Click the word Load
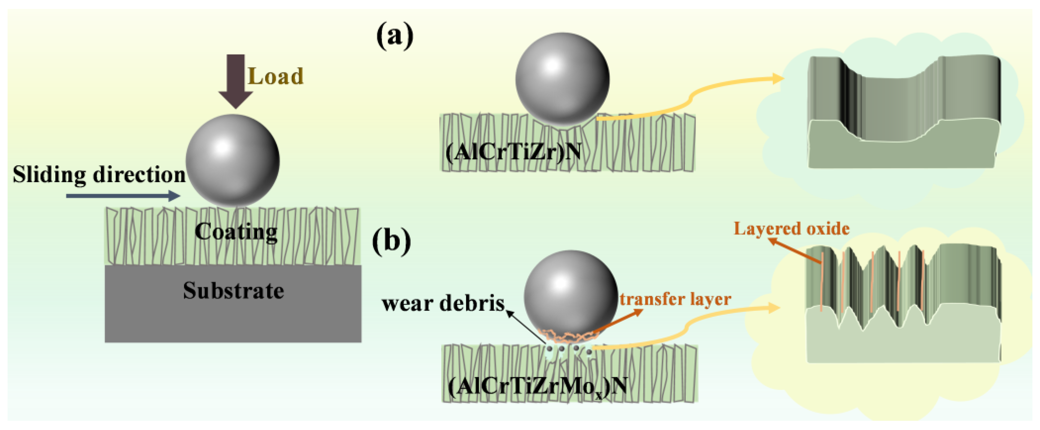click(x=275, y=76)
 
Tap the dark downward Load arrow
click(x=235, y=81)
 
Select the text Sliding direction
click(x=99, y=175)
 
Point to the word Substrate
click(x=233, y=291)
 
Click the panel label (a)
click(x=394, y=36)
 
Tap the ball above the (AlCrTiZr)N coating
click(x=563, y=79)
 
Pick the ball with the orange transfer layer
click(x=570, y=296)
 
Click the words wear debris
click(x=443, y=303)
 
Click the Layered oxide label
click(x=791, y=229)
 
